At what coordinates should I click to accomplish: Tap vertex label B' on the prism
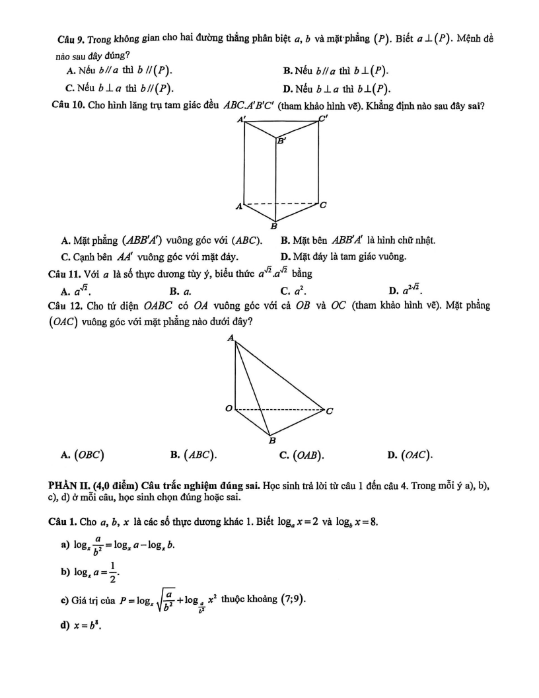(x=281, y=140)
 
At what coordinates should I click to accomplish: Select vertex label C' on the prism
(x=323, y=120)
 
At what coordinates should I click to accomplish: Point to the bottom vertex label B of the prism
(x=274, y=226)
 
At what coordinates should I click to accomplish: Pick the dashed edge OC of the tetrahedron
(x=281, y=410)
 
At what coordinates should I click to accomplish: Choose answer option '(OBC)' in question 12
(x=90, y=454)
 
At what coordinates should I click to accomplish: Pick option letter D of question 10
(x=284, y=256)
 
